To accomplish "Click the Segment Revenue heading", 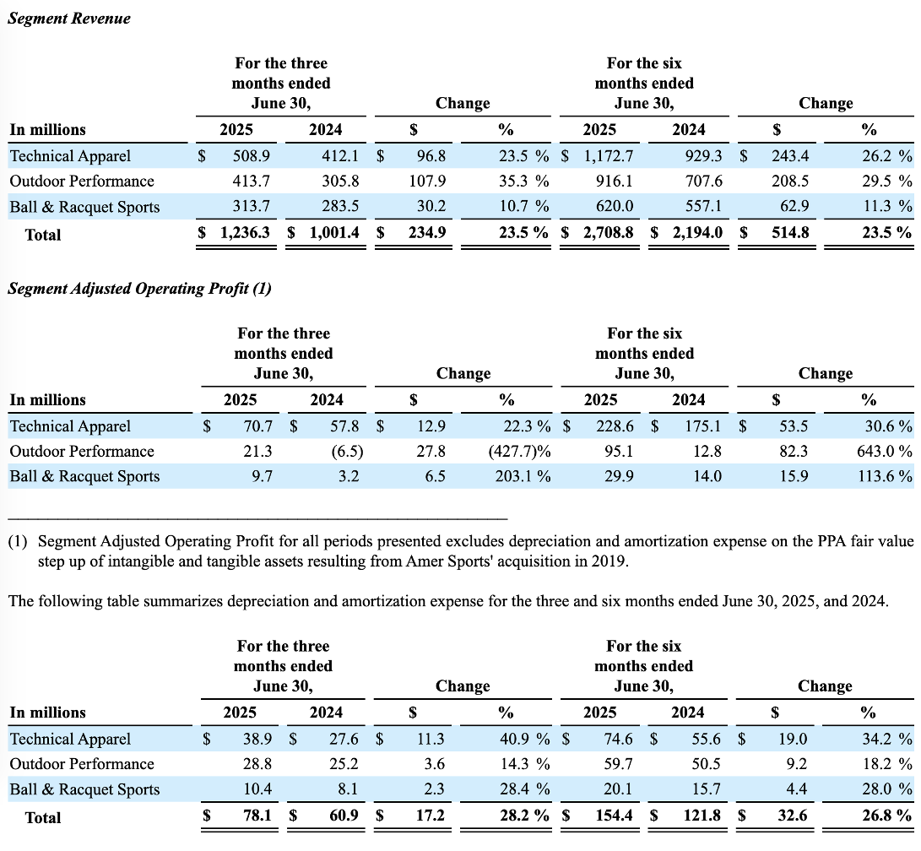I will point(69,18).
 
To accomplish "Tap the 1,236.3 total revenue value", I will point(245,234).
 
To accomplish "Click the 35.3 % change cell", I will point(523,181).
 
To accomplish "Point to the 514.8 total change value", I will point(789,234).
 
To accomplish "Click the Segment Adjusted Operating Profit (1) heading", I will point(139,289).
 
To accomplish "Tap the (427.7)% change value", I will point(520,452).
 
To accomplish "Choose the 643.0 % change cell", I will point(884,452).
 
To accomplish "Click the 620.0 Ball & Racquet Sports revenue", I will point(615,208).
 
